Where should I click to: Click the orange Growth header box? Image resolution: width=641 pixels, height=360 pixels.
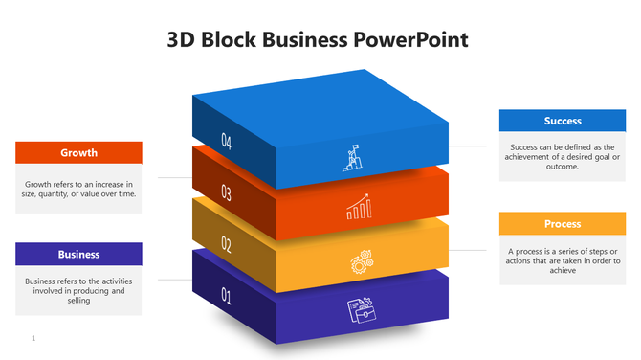pyautogui.click(x=78, y=153)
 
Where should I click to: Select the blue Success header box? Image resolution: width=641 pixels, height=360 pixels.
pyautogui.click(x=563, y=121)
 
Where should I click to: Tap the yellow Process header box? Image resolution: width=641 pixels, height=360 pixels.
pyautogui.click(x=563, y=224)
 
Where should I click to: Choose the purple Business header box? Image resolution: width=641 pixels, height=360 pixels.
pyautogui.click(x=78, y=254)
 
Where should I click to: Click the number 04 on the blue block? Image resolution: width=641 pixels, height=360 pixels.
pyautogui.click(x=227, y=142)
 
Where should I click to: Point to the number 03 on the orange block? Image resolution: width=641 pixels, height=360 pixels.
pyautogui.click(x=227, y=193)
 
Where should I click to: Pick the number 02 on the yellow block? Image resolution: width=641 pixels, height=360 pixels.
pyautogui.click(x=227, y=244)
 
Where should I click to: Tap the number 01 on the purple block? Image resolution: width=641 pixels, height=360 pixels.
pyautogui.click(x=227, y=296)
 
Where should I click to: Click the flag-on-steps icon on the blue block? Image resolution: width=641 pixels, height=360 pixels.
pyautogui.click(x=351, y=158)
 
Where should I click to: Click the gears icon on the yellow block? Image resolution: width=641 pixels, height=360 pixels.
pyautogui.click(x=361, y=259)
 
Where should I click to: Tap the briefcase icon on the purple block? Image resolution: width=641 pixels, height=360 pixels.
pyautogui.click(x=361, y=309)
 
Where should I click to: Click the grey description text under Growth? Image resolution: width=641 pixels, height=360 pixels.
pyautogui.click(x=78, y=188)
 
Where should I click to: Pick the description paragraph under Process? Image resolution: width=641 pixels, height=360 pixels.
pyautogui.click(x=563, y=260)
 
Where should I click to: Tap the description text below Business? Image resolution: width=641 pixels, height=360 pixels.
pyautogui.click(x=78, y=290)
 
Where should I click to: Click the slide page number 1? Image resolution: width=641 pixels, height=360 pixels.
pyautogui.click(x=33, y=338)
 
